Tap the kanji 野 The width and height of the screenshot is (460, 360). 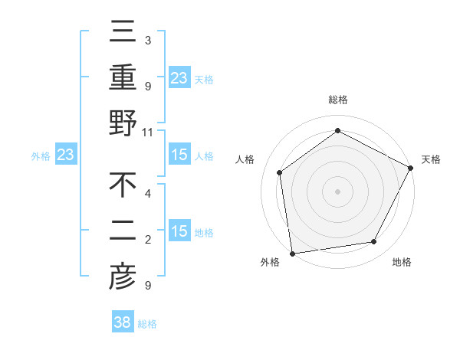pyautogui.click(x=123, y=123)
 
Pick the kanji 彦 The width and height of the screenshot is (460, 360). pyautogui.click(x=123, y=277)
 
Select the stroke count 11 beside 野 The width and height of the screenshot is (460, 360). pyautogui.click(x=148, y=132)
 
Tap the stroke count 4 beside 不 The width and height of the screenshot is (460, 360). pyautogui.click(x=147, y=194)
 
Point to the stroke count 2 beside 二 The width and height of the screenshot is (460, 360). pyautogui.click(x=147, y=240)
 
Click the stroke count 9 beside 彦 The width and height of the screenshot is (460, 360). pyautogui.click(x=147, y=286)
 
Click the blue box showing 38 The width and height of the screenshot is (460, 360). pyautogui.click(x=123, y=322)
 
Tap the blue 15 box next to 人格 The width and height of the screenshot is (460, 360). pyautogui.click(x=179, y=155)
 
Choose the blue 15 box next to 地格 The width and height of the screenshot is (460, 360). pyautogui.click(x=179, y=231)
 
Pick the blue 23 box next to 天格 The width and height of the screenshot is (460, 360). pyautogui.click(x=179, y=78)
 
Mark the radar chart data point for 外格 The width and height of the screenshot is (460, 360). pyautogui.click(x=292, y=252)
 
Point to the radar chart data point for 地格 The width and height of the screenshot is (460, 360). pyautogui.click(x=374, y=241)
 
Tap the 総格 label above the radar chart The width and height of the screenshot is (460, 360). pyautogui.click(x=337, y=100)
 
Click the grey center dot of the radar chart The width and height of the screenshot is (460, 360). pyautogui.click(x=337, y=191)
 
